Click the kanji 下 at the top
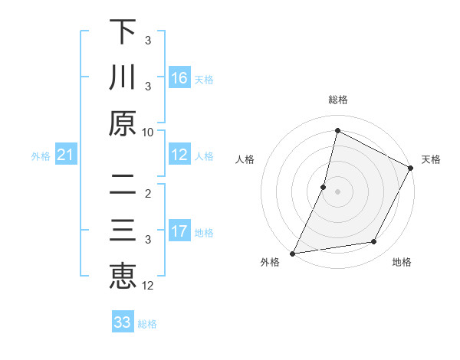[x=123, y=32]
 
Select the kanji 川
[x=123, y=77]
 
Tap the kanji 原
[x=123, y=123]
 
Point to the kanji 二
[x=123, y=185]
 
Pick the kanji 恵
[x=123, y=276]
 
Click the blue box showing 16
[x=179, y=78]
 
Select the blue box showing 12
[x=179, y=155]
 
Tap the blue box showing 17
[x=179, y=231]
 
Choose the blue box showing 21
[x=65, y=155]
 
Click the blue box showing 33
[x=123, y=322]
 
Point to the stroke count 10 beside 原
[x=148, y=132]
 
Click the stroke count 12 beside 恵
[x=148, y=286]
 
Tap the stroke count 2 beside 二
[x=148, y=194]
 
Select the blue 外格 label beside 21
[x=41, y=156]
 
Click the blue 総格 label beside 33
[x=147, y=324]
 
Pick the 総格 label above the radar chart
[x=337, y=100]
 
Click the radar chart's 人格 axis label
[x=245, y=159]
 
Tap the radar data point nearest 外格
[x=293, y=253]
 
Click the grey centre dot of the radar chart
[x=337, y=191]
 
